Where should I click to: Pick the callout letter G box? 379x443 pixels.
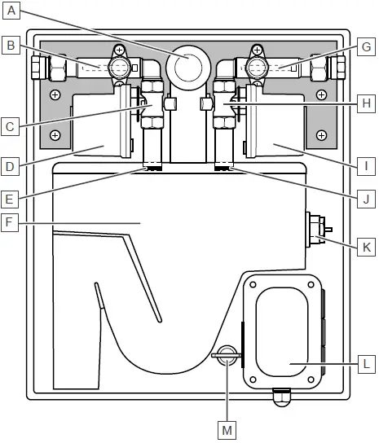(x=368, y=46)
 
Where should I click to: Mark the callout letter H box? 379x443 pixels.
(x=368, y=103)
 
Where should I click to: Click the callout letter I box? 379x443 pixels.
(x=368, y=166)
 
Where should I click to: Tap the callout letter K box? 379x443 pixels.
(x=368, y=244)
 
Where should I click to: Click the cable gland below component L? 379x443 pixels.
(x=281, y=394)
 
